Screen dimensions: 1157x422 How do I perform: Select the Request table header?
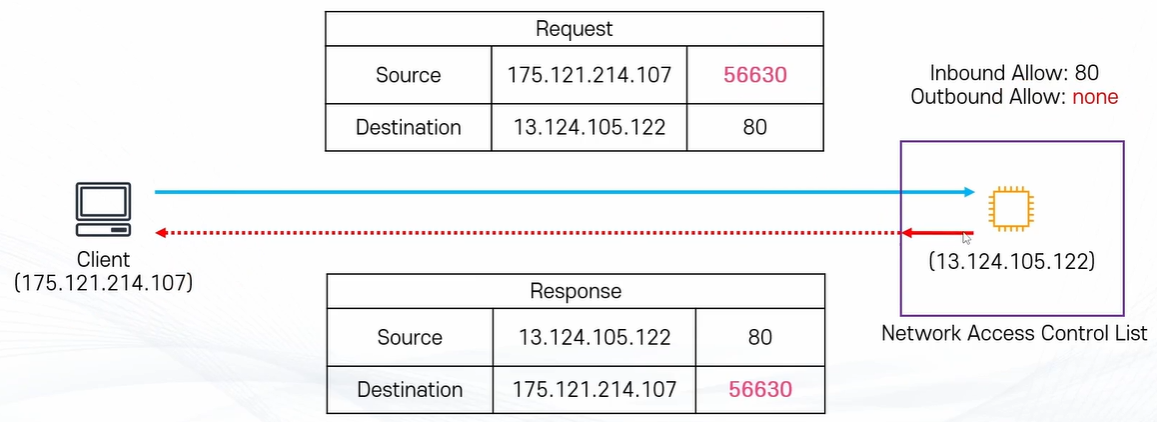tap(575, 29)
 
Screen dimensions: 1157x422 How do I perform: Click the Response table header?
tap(576, 291)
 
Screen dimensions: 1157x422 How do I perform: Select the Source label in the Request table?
tap(408, 75)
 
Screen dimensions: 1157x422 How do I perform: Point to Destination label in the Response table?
tap(410, 389)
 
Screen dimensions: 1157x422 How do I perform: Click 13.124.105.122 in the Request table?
tap(586, 127)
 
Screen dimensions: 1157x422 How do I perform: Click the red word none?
tap(1095, 97)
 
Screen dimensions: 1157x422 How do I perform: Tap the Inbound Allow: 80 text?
tap(1014, 74)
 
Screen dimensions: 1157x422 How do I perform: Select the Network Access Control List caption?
tap(1013, 333)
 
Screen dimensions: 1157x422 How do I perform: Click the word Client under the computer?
tap(104, 259)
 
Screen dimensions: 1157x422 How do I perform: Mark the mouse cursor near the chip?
tap(967, 239)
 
